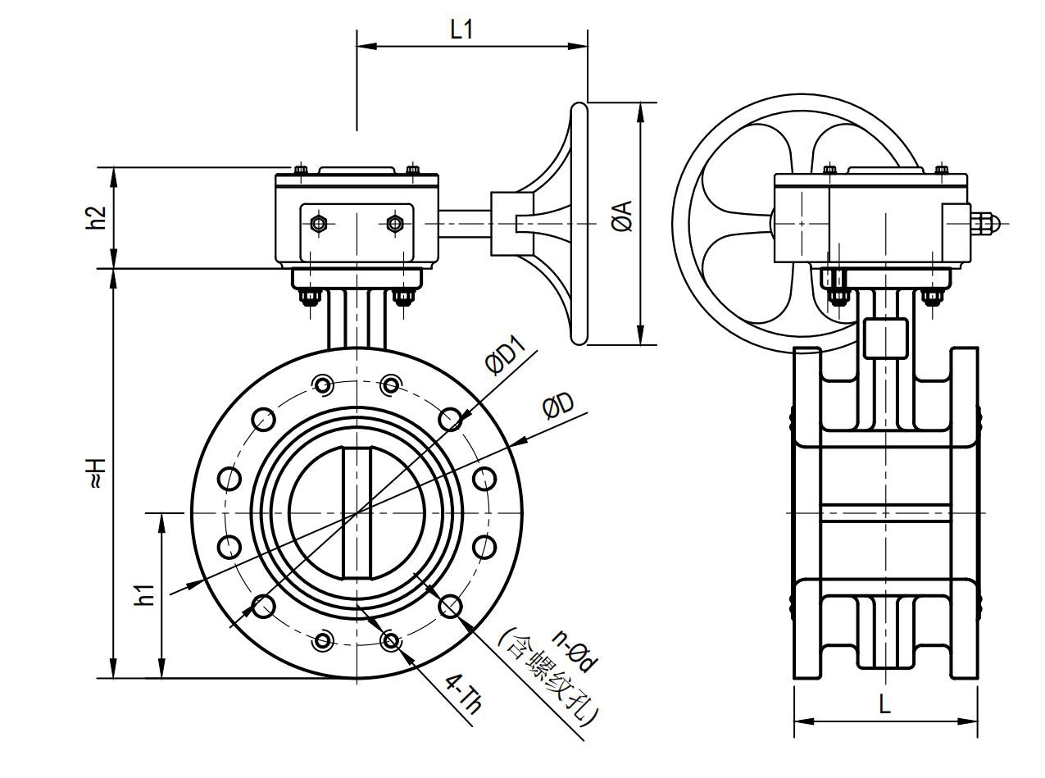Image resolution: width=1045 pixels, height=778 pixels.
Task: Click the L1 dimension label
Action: pyautogui.click(x=461, y=30)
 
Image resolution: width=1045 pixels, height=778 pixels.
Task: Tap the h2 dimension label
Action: pyautogui.click(x=98, y=217)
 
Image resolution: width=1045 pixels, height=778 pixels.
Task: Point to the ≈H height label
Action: pyautogui.click(x=98, y=474)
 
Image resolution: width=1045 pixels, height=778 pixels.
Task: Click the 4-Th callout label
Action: pyautogui.click(x=464, y=696)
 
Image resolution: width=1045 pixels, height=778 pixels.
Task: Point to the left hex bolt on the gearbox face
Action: pyautogui.click(x=318, y=223)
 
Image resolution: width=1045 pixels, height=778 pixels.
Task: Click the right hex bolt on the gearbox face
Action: pyautogui.click(x=395, y=223)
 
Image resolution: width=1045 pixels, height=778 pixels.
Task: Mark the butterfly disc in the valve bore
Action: pyautogui.click(x=357, y=513)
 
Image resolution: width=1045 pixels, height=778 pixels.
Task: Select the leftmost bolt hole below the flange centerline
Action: pyautogui.click(x=229, y=547)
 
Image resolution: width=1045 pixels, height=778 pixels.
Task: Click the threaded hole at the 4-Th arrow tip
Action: pyautogui.click(x=392, y=641)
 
